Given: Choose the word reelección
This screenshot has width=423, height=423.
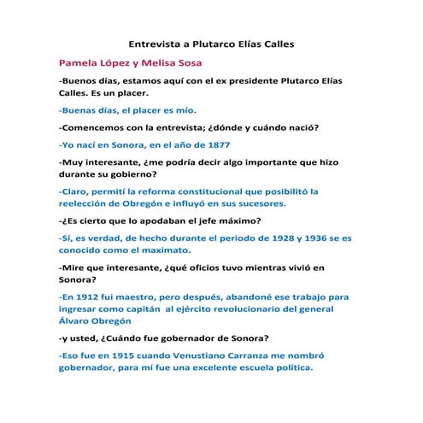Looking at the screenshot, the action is tap(89, 204).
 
